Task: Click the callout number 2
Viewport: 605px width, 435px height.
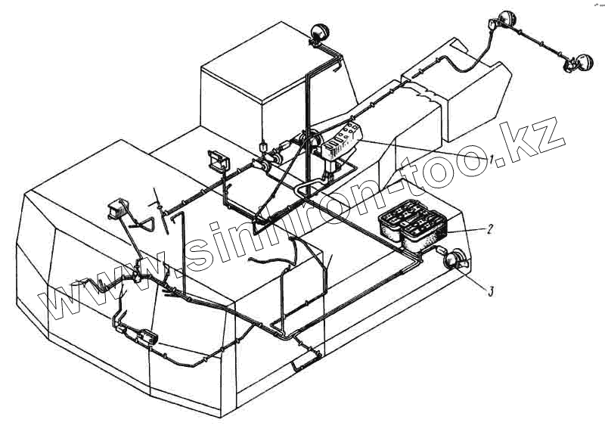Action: tap(490, 228)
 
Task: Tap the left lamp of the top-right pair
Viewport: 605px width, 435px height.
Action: tap(504, 20)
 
